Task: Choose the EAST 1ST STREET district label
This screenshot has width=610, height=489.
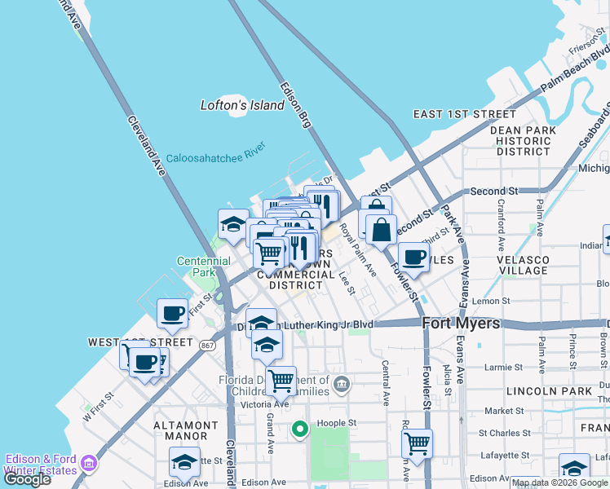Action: [x=465, y=114]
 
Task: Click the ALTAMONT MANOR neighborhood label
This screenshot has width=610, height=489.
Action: [x=187, y=431]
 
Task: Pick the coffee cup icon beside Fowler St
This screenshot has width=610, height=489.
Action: [x=413, y=257]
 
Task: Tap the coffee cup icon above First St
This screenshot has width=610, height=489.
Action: [x=172, y=312]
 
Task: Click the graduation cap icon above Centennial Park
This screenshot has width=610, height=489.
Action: [x=233, y=223]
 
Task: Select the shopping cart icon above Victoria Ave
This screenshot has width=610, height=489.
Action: [x=281, y=379]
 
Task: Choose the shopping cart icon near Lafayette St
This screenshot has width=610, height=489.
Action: [x=417, y=443]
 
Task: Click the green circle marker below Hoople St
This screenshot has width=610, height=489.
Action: [x=299, y=429]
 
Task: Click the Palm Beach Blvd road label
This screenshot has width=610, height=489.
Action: [x=575, y=72]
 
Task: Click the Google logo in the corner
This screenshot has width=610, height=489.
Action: [x=27, y=479]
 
